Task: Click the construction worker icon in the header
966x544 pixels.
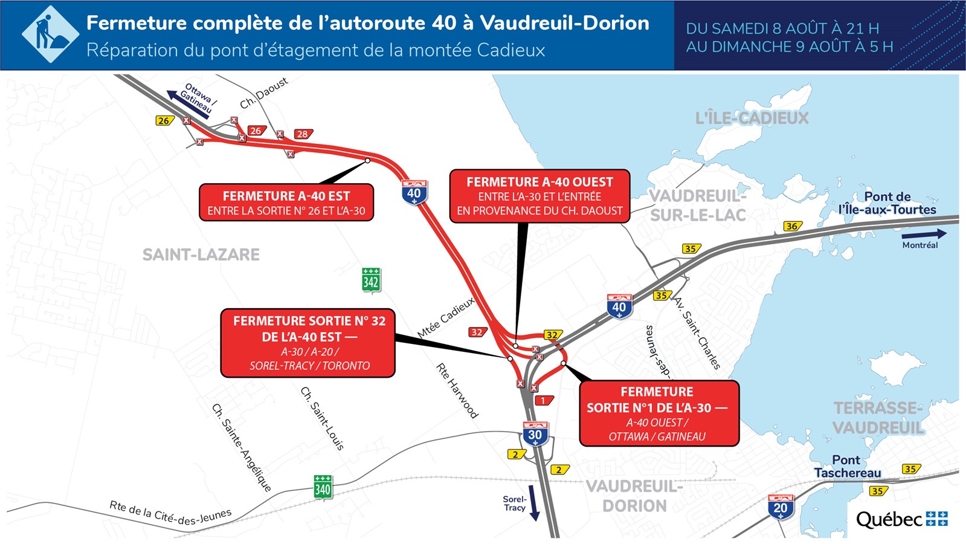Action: coord(50,34)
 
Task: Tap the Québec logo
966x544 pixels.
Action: coord(901,519)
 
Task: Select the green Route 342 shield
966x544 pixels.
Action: coord(371,280)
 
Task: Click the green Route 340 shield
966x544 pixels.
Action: coord(323,488)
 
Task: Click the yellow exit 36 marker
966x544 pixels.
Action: coord(791,226)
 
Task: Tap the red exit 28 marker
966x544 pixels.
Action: coord(302,134)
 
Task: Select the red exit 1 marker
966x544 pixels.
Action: coord(544,400)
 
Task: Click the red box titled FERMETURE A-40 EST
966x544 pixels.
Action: coord(286,202)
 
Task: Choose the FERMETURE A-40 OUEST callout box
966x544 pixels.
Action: coord(539,196)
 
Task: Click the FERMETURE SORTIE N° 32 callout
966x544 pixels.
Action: coord(308,343)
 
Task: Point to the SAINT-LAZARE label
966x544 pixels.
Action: coord(201,254)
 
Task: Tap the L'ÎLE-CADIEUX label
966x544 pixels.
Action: coord(752,118)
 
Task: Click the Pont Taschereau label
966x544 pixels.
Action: coord(847,466)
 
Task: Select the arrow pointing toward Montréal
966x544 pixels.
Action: coord(924,234)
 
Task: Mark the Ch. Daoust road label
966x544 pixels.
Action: coord(264,93)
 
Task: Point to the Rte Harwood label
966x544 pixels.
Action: coord(457,390)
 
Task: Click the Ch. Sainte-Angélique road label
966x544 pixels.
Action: coord(242,447)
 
